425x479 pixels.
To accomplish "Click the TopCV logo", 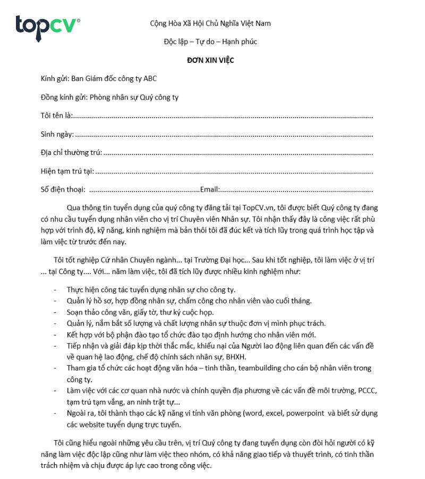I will tap(48, 24).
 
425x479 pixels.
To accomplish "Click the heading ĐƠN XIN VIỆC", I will tap(210, 60).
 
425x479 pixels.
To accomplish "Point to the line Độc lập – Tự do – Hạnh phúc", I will tap(210, 42).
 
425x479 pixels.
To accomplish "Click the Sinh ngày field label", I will tap(57, 134).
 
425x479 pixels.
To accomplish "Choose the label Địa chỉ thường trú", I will tap(71, 153).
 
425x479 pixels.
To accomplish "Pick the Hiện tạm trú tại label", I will tap(67, 171).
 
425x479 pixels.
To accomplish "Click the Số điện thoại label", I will tap(63, 189).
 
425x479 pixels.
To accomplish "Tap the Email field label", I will tap(210, 189).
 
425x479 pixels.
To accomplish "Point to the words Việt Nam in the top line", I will tap(256, 23).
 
